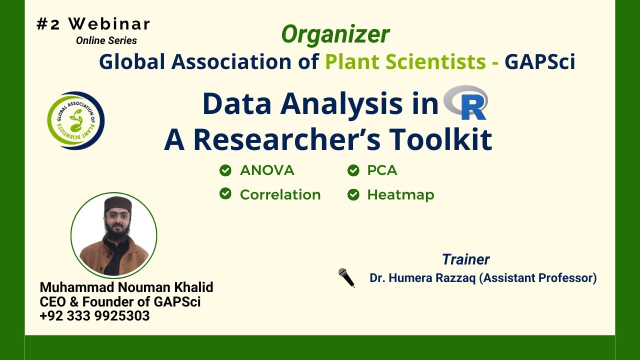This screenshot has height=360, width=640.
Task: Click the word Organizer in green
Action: pos(335,34)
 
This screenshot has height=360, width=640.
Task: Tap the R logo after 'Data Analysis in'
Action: pos(466,103)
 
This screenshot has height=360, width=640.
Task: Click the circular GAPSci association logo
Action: pos(76,120)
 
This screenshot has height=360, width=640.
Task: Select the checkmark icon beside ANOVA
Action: pos(225,170)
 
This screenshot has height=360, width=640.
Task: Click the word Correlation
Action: pos(280,194)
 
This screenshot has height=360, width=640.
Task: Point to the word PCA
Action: pos(382,170)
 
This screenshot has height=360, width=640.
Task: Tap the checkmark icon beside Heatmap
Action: pos(353,194)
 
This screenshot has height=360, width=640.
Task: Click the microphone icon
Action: pos(346,277)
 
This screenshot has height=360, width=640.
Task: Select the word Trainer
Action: pos(465,259)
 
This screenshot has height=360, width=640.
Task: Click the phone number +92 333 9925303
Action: pos(94,315)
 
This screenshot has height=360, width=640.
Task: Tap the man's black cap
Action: pos(116,205)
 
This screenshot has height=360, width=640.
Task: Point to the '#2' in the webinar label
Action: pos(48,24)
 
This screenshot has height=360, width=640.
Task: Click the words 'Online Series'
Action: pos(106,40)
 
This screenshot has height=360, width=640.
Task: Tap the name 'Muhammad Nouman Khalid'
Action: pos(126,287)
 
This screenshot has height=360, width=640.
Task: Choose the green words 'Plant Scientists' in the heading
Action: pos(405,61)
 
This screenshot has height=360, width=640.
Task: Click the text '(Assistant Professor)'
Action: pos(538,278)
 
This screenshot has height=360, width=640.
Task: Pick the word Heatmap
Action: pos(400,194)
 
